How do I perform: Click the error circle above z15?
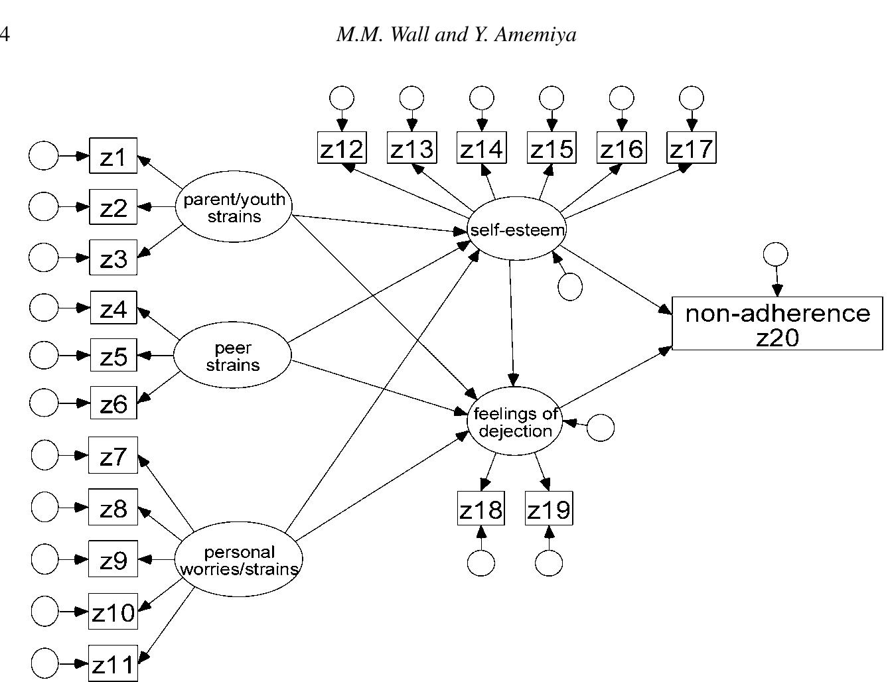coord(552,98)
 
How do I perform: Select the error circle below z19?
coord(549,563)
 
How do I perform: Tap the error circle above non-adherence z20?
coord(776,254)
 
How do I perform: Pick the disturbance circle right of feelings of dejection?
coord(601,428)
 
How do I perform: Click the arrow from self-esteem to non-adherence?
coord(616,280)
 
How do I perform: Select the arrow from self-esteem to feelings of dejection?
coord(512,323)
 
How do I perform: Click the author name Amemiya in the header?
coord(536,34)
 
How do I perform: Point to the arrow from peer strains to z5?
coord(155,356)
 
